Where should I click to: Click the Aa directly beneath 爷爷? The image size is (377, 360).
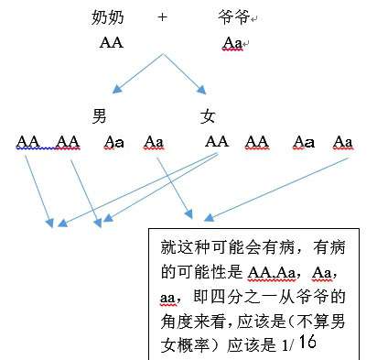[x=232, y=43]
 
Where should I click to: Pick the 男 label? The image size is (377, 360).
[x=101, y=116]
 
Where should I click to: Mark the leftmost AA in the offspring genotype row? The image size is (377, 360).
[x=28, y=141]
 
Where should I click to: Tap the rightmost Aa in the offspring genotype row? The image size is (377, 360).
[x=343, y=141]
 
